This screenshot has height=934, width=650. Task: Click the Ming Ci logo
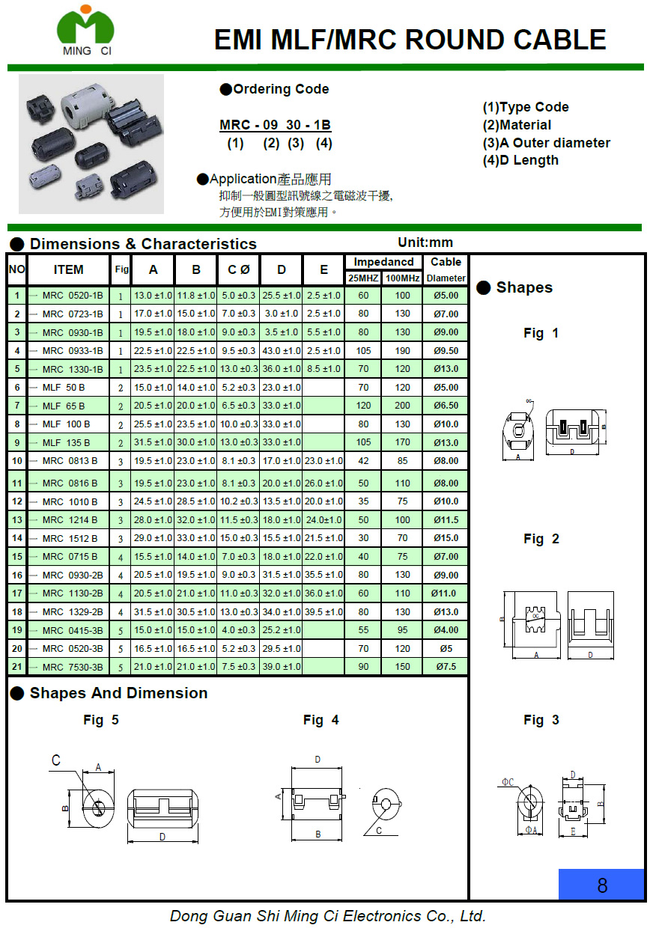tap(85, 31)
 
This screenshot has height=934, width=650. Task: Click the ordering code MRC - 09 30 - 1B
tap(275, 125)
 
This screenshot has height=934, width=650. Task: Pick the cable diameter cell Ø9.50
tap(446, 350)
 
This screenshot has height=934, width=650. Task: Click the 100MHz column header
tap(402, 278)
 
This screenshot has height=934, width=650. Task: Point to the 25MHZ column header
tap(363, 278)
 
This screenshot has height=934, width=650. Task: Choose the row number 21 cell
tap(17, 667)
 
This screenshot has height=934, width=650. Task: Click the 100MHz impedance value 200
tap(402, 406)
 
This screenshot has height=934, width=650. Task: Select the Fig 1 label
tap(541, 333)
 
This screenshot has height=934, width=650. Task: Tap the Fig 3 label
tap(541, 720)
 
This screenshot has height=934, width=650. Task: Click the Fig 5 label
tap(100, 720)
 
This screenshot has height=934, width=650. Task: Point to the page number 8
tap(601, 885)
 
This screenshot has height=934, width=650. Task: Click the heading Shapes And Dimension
tap(118, 693)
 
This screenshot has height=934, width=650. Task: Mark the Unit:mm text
tap(425, 242)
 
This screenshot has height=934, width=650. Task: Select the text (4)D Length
tap(520, 160)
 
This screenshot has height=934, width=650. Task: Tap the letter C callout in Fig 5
tap(55, 760)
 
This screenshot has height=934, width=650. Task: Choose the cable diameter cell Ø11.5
tap(446, 519)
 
